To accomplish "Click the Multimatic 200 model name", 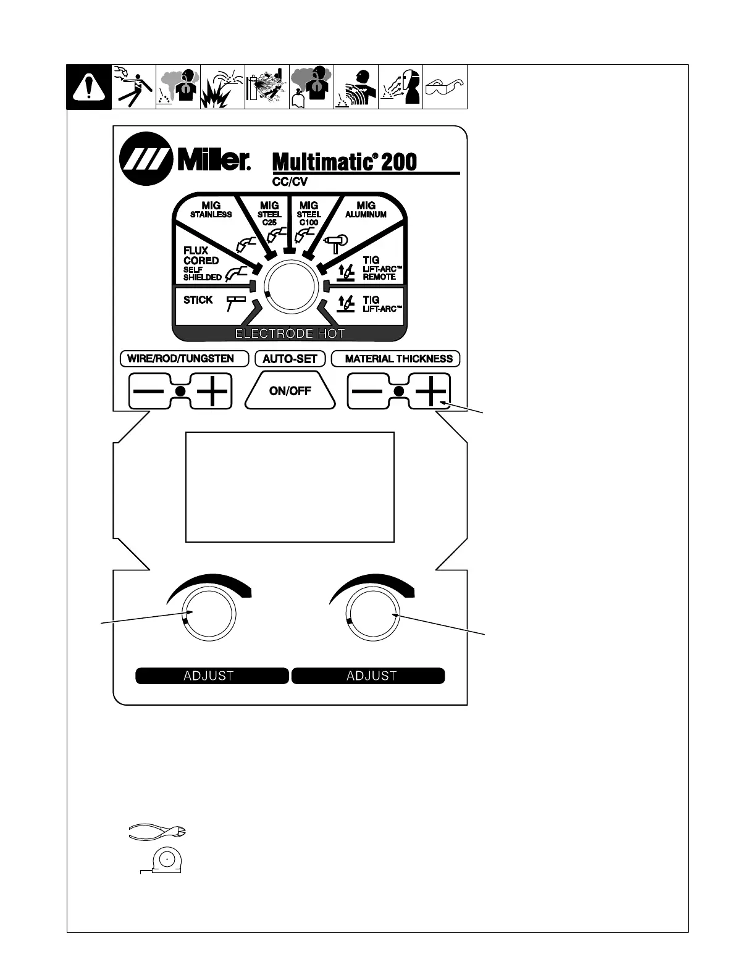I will click(x=345, y=162).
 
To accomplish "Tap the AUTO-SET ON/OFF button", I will click(x=290, y=391).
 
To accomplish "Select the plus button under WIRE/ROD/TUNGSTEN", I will click(x=212, y=391).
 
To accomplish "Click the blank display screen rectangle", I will click(x=290, y=487).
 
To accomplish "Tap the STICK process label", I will click(x=198, y=300).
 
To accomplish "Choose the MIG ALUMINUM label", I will click(x=366, y=210).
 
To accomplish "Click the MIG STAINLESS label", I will click(x=211, y=210).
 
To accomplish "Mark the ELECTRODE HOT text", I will click(x=290, y=333).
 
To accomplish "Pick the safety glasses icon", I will click(x=445, y=87).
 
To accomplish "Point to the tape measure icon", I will click(x=164, y=860).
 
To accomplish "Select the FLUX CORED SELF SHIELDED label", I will click(x=201, y=264).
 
